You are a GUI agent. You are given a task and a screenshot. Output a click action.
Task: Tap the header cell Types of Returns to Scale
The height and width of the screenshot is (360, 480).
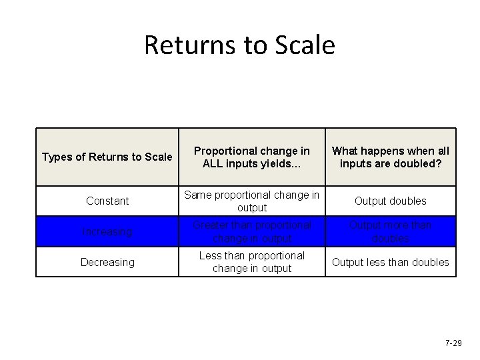pyautogui.click(x=107, y=157)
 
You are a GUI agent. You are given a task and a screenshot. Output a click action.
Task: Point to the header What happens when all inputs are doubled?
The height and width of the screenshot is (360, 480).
pyautogui.click(x=390, y=157)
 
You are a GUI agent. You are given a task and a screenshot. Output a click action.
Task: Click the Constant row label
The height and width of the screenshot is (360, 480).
pyautogui.click(x=107, y=201)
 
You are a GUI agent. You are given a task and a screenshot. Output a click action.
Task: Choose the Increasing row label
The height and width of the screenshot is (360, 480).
pyautogui.click(x=107, y=231)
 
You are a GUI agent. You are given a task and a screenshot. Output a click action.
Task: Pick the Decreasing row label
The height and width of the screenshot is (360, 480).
pyautogui.click(x=107, y=262)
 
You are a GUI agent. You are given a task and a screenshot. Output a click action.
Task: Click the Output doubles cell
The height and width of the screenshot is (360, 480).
pyautogui.click(x=390, y=201)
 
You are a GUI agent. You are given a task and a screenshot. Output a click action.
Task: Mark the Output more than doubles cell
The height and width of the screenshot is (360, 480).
pyautogui.click(x=390, y=231)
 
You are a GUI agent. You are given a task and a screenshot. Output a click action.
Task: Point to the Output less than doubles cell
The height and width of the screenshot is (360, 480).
pyautogui.click(x=390, y=262)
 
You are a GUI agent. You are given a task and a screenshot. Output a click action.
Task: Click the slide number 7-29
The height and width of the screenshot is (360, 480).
pyautogui.click(x=453, y=343)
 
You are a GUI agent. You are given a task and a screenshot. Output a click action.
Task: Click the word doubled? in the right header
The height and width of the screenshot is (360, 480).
pyautogui.click(x=420, y=164)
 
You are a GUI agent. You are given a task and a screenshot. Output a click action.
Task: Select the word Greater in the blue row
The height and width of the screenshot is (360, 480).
pyautogui.click(x=210, y=225)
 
